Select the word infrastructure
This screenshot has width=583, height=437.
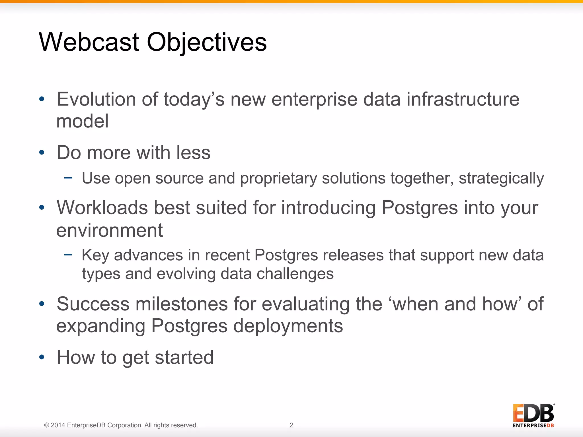pyautogui.click(x=463, y=99)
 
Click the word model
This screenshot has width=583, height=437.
pyautogui.click(x=82, y=121)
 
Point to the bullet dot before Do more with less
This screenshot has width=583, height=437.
pyautogui.click(x=42, y=153)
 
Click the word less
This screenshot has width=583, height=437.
pyautogui.click(x=193, y=153)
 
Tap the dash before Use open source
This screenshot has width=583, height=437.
pyautogui.click(x=68, y=178)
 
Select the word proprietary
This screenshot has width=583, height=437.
pyautogui.click(x=278, y=179)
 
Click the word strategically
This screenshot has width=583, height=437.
pyautogui.click(x=501, y=179)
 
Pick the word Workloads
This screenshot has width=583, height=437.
pyautogui.click(x=102, y=208)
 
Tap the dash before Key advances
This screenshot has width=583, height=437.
pyautogui.click(x=68, y=255)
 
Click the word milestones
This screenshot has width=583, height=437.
pyautogui.click(x=182, y=304)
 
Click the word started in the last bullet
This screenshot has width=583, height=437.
pyautogui.click(x=184, y=357)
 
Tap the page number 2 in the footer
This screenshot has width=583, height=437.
pyautogui.click(x=291, y=425)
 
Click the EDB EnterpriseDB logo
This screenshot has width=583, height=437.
pyautogui.click(x=533, y=415)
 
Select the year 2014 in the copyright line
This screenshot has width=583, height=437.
pyautogui.click(x=58, y=425)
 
